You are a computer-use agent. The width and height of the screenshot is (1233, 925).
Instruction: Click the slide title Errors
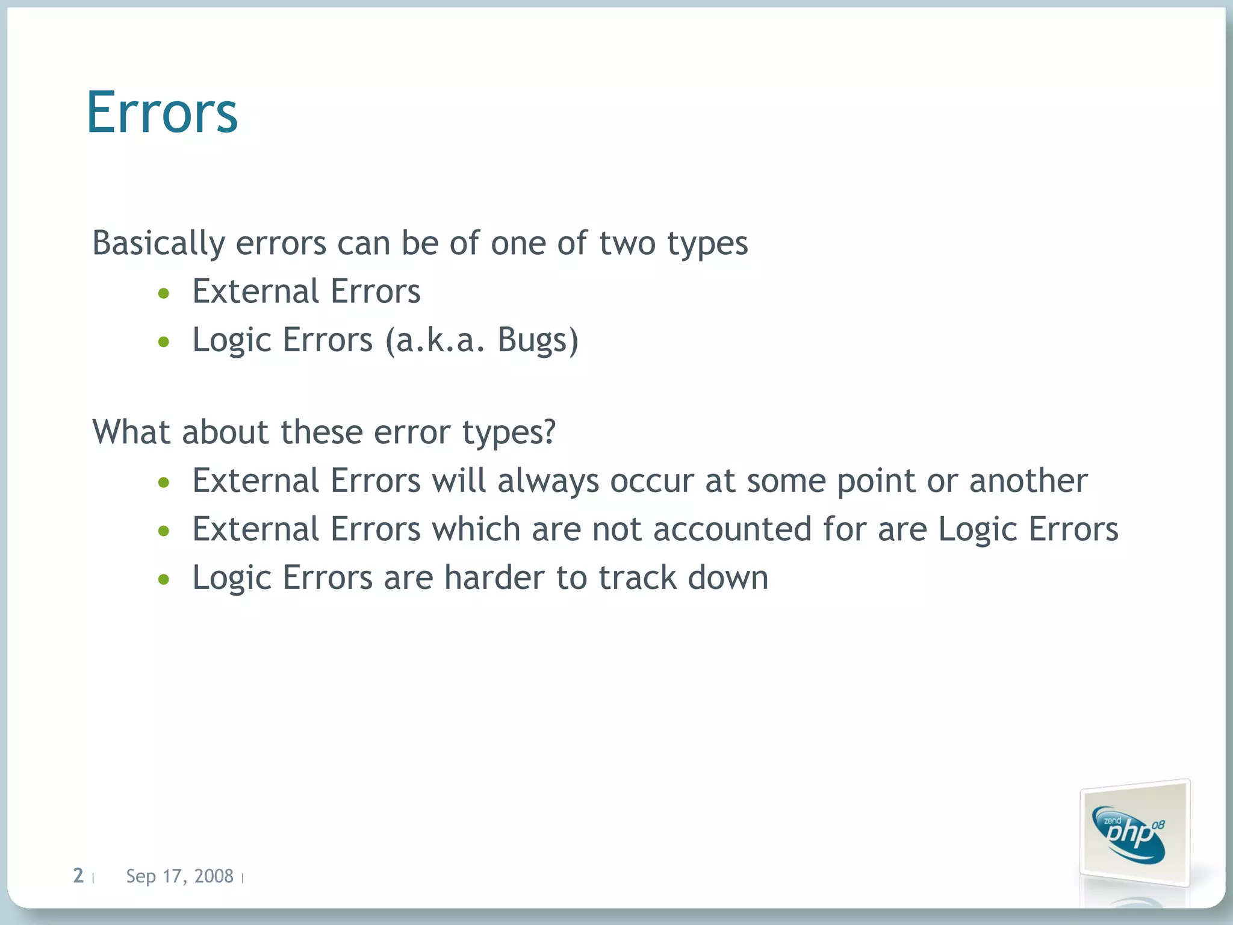pyautogui.click(x=162, y=113)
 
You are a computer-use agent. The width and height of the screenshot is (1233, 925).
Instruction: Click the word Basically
pyautogui.click(x=158, y=243)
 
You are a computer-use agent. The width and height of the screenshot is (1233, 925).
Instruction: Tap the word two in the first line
pyautogui.click(x=627, y=243)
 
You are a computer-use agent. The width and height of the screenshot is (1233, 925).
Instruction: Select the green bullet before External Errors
pyautogui.click(x=164, y=294)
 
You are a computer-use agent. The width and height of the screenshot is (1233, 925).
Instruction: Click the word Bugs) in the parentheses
pyautogui.click(x=538, y=340)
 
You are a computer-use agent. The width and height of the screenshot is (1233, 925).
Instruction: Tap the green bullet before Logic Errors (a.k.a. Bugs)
pyautogui.click(x=164, y=343)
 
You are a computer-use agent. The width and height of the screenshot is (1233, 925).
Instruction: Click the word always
pyautogui.click(x=547, y=481)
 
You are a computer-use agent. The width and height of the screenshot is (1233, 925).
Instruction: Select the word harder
pyautogui.click(x=494, y=578)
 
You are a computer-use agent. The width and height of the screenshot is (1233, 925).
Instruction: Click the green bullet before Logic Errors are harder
pyautogui.click(x=164, y=580)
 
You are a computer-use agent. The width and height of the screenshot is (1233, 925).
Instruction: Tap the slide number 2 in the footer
pyautogui.click(x=78, y=876)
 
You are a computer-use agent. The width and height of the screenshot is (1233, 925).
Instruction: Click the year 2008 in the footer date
pyautogui.click(x=214, y=876)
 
